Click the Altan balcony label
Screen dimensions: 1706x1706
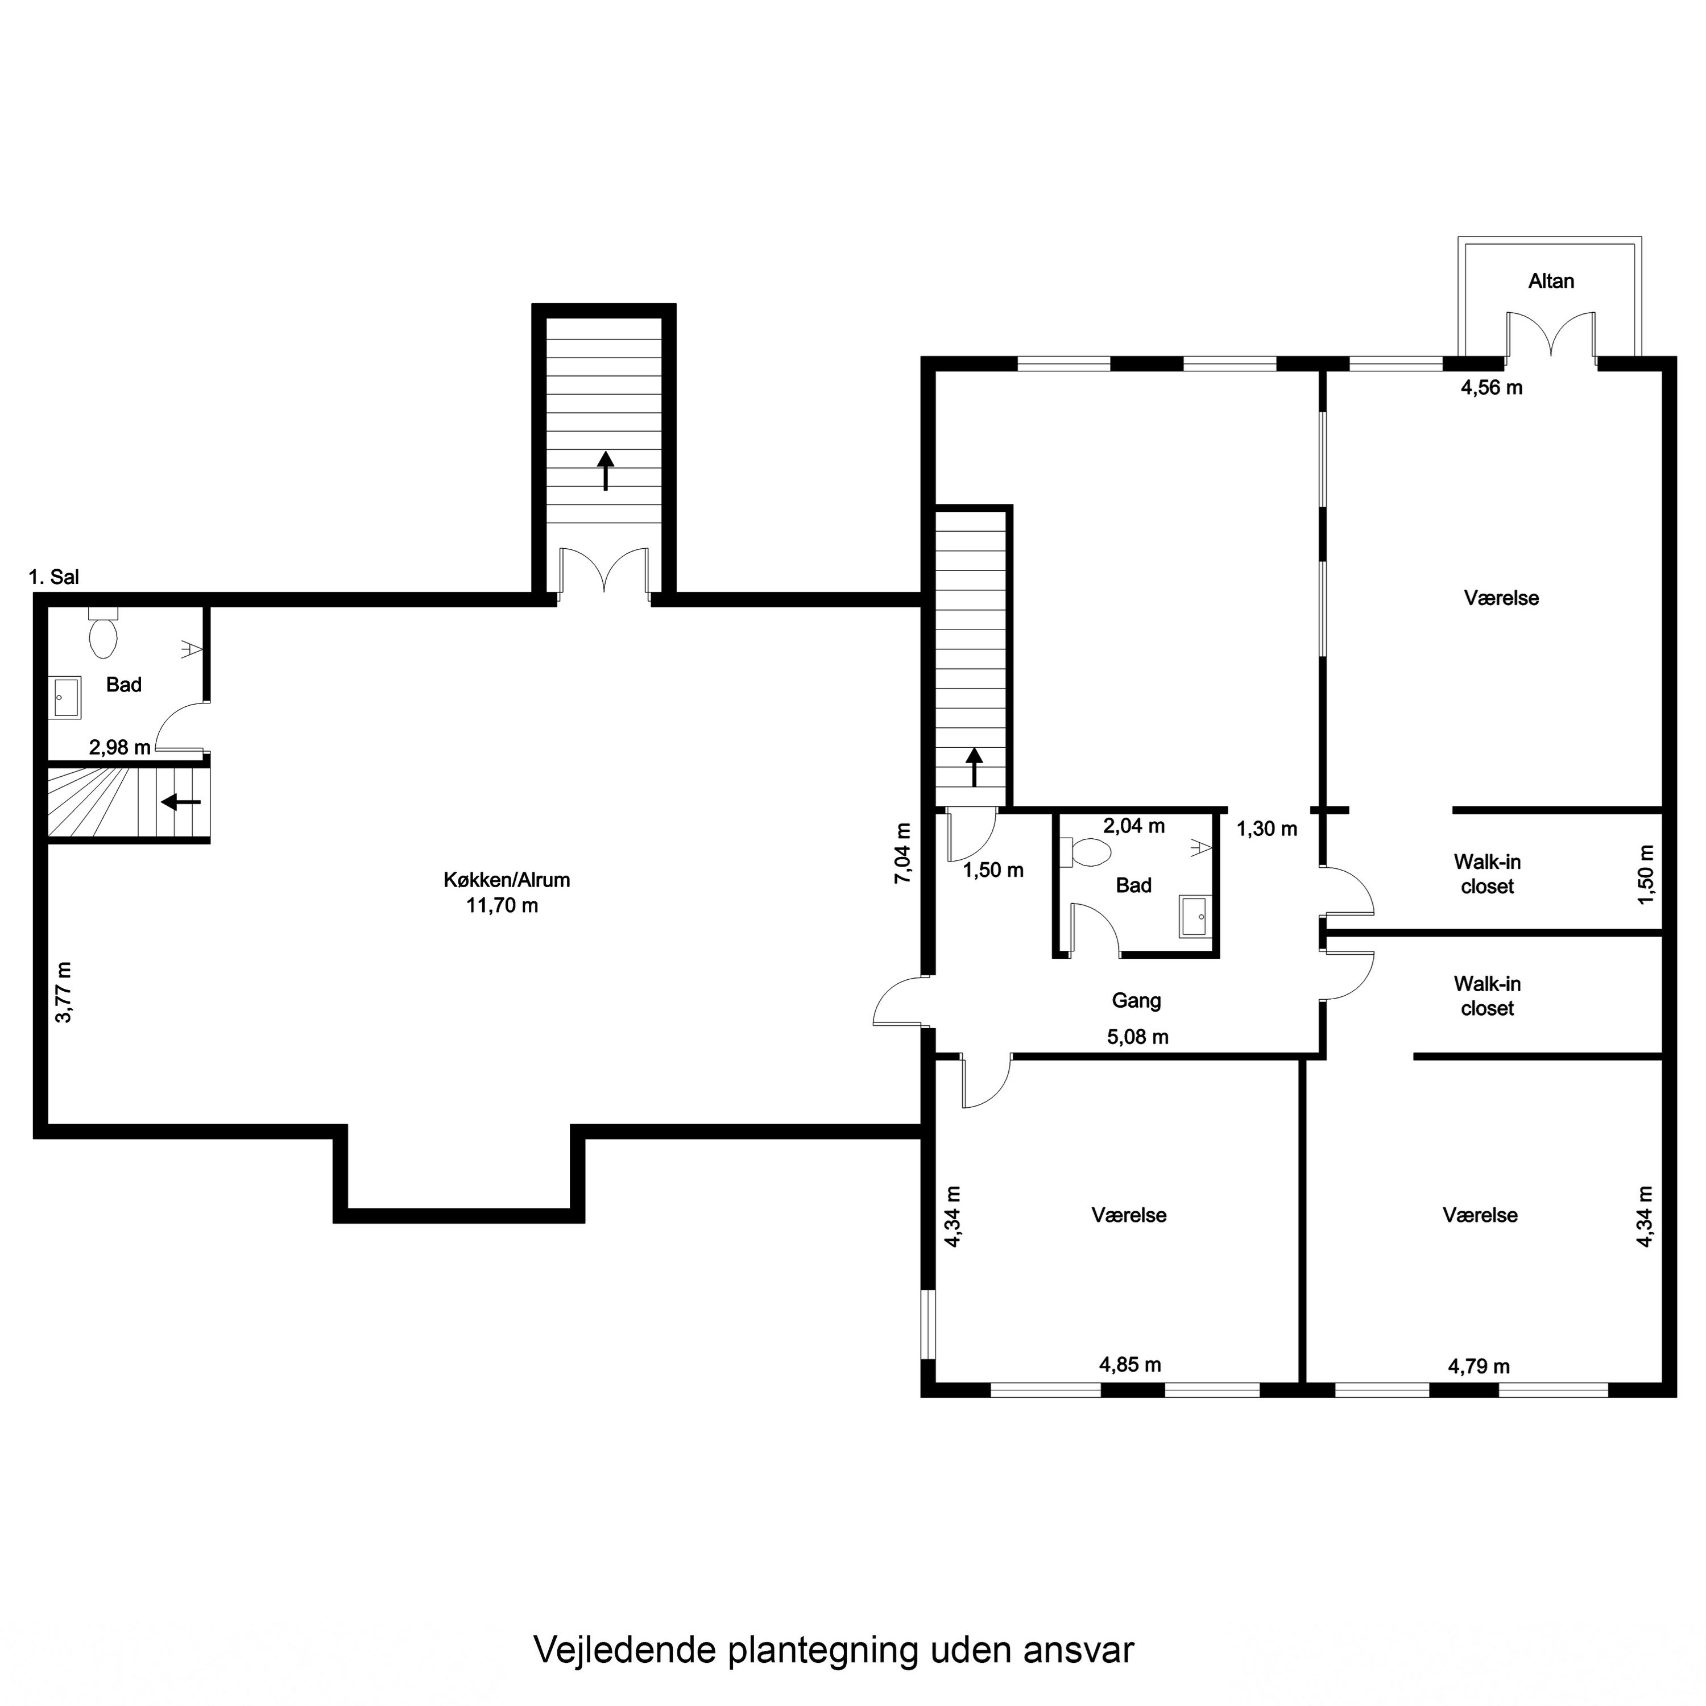point(1551,281)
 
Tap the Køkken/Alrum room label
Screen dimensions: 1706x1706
point(506,880)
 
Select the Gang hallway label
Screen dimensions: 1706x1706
point(1136,1000)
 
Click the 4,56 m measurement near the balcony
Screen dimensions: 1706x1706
point(1492,387)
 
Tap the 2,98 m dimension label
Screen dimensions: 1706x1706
point(119,747)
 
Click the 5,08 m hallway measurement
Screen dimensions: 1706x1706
point(1137,1037)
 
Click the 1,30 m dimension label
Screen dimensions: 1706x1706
point(1266,829)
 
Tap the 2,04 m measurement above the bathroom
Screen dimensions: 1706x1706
point(1134,826)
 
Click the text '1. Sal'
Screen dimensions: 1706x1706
point(54,578)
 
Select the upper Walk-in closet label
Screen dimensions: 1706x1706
point(1487,873)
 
